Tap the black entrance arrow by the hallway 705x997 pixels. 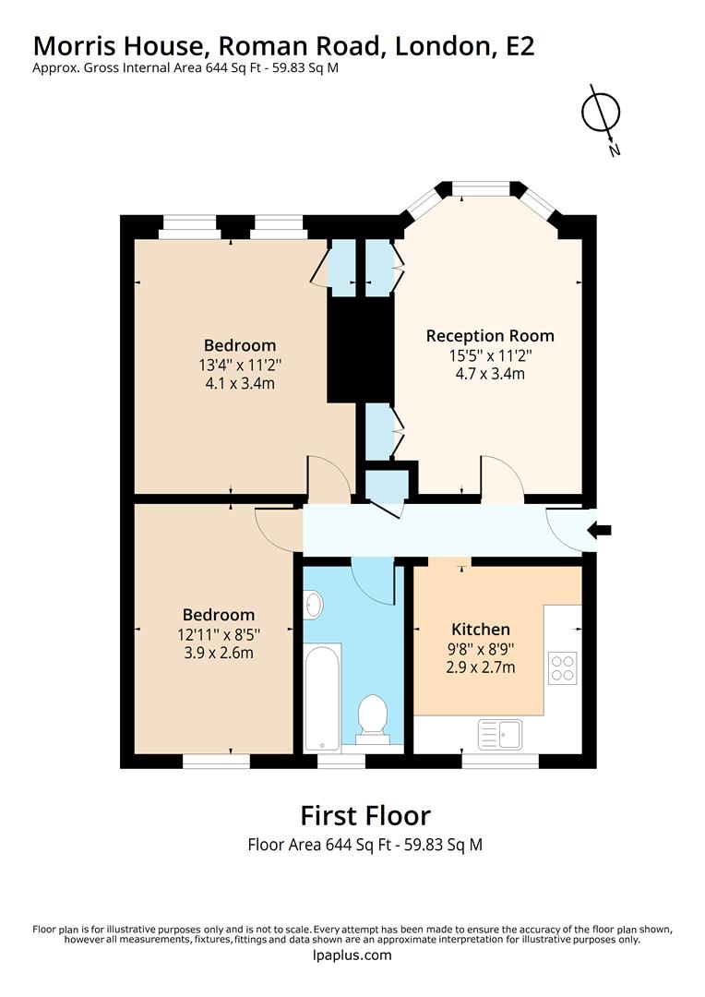point(600,529)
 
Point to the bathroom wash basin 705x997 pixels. point(312,606)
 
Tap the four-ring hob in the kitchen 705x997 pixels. point(562,667)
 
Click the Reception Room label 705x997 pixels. point(489,335)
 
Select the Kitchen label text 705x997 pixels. point(480,629)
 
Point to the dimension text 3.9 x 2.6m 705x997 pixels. point(218,653)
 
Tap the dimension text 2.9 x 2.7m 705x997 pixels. point(480,667)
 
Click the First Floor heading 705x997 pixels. point(365,815)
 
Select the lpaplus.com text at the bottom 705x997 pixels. point(352,955)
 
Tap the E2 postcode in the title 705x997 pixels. point(520,46)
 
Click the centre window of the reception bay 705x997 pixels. point(481,188)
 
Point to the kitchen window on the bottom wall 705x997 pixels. point(500,761)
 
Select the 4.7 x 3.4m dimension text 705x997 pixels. point(489,374)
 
